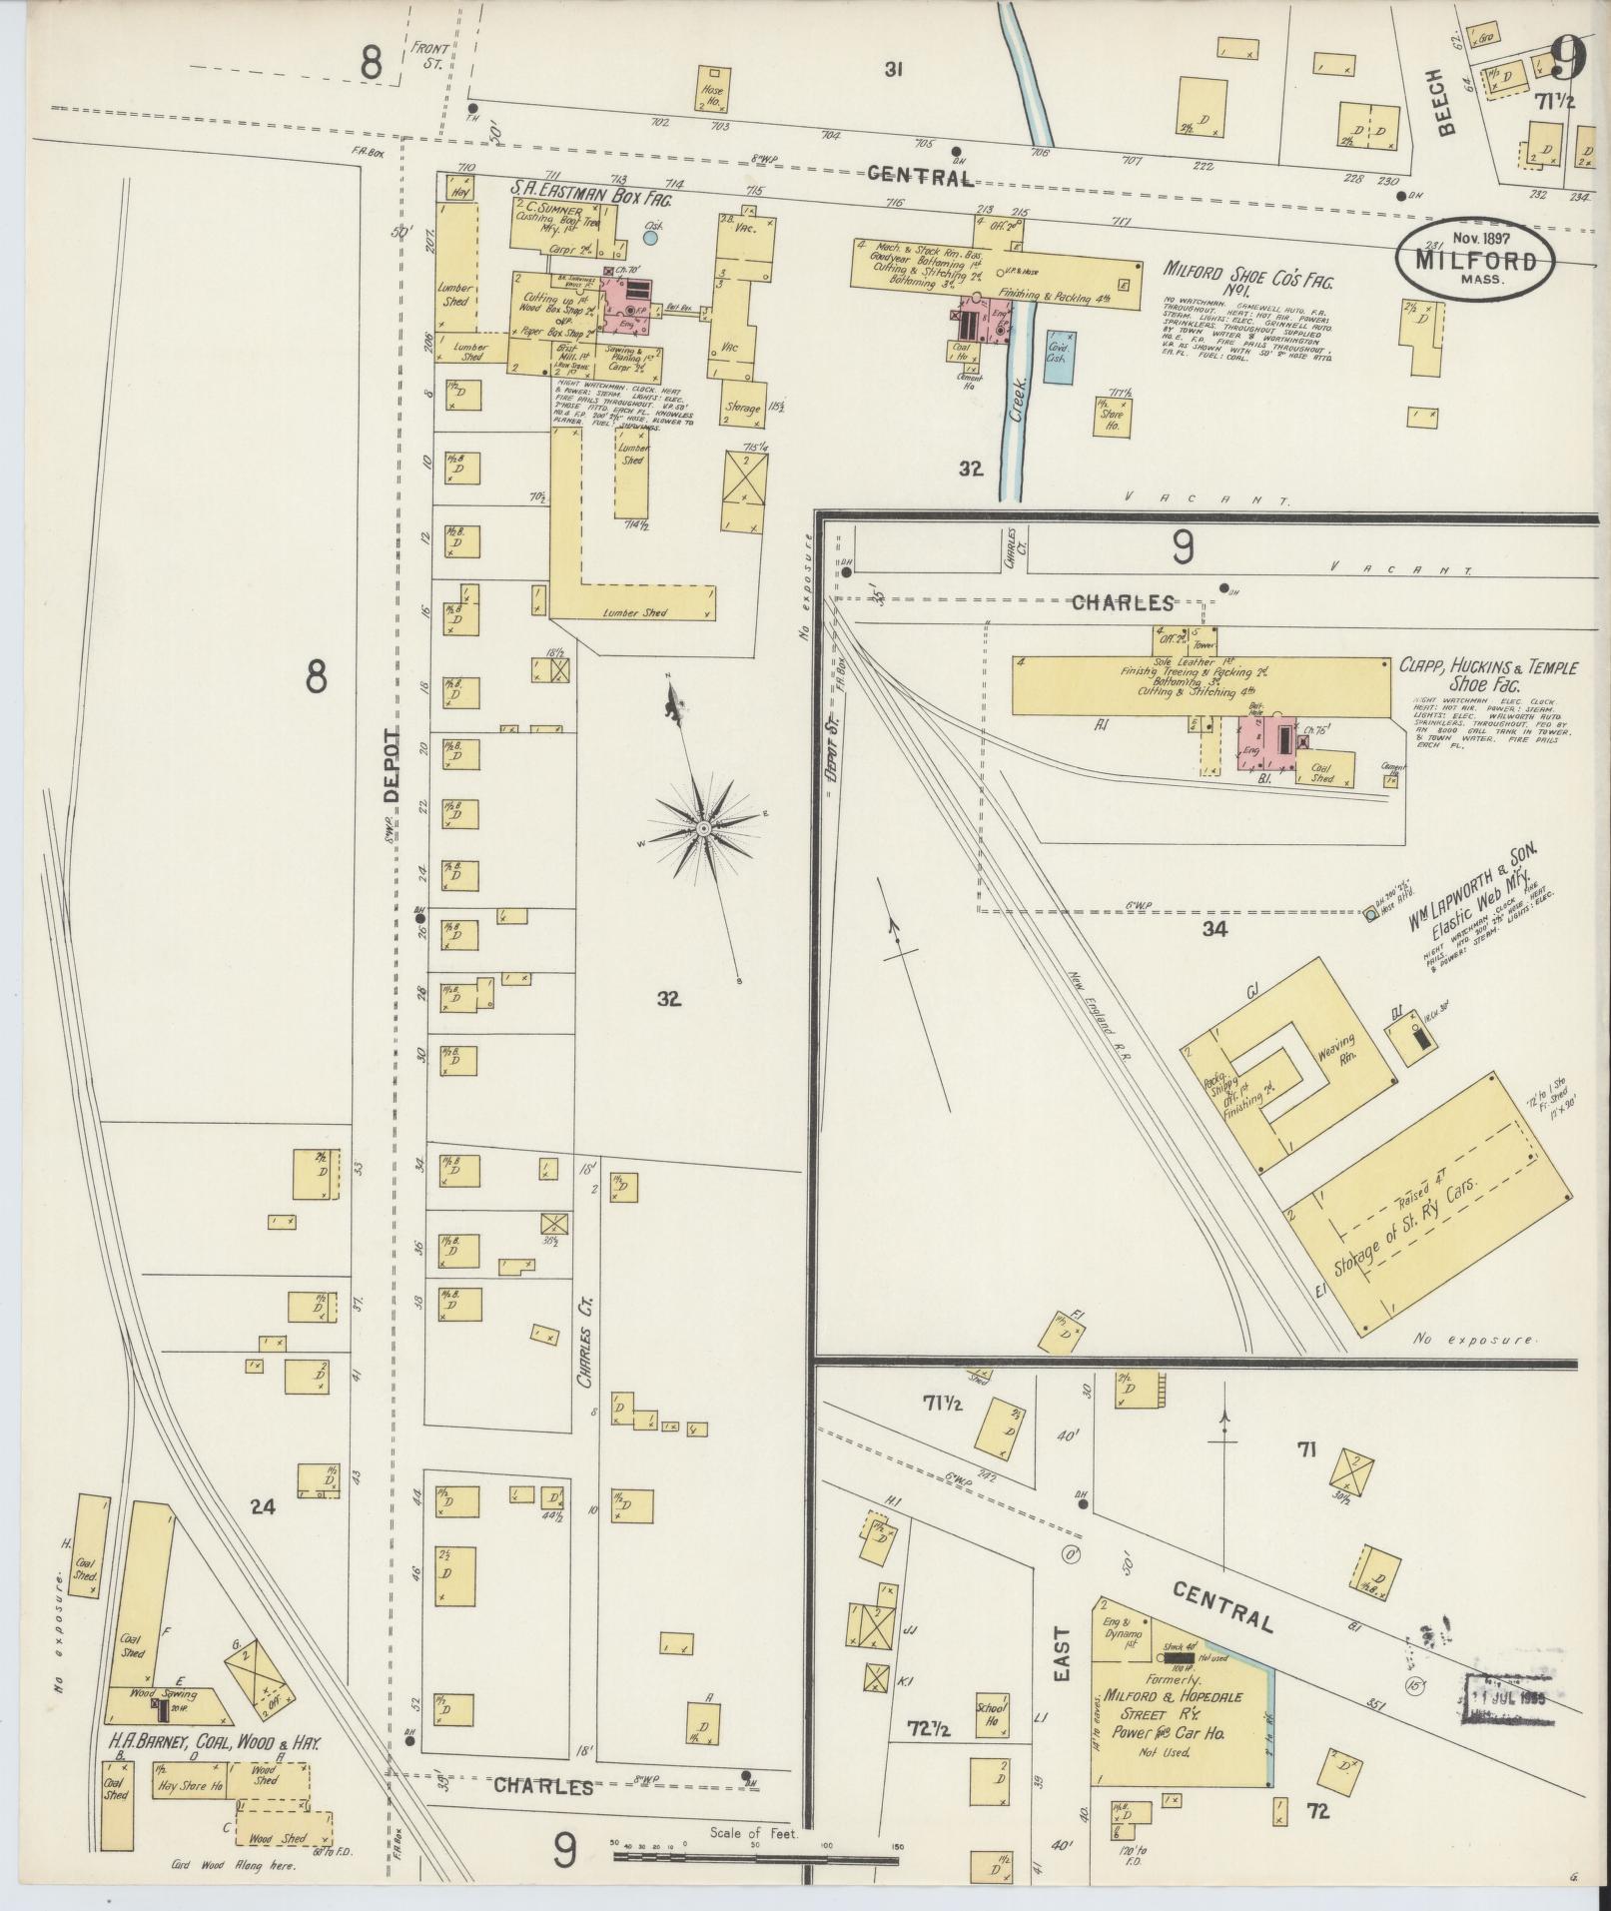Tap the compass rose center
tap(703, 828)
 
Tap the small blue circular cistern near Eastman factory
tap(650, 238)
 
